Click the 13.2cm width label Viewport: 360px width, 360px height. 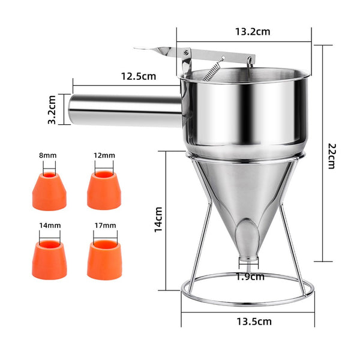tap(253, 32)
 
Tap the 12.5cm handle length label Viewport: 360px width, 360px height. tap(139, 76)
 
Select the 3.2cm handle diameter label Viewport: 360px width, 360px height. tap(52, 110)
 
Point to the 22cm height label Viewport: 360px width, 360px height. tap(332, 156)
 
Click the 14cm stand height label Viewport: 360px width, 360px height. tap(158, 220)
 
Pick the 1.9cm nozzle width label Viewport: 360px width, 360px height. tap(250, 277)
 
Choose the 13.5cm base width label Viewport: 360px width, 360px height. tap(254, 322)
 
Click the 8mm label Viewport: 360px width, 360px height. tap(48, 155)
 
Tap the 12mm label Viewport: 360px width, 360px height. tap(104, 155)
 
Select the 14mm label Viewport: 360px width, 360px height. tap(50, 226)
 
